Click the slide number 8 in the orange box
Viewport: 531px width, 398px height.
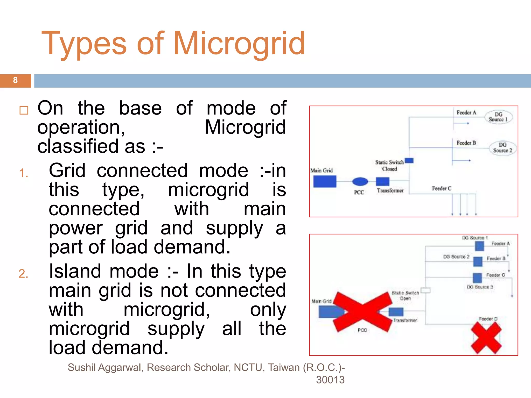tap(15, 80)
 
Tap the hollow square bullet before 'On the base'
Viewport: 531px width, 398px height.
tap(24, 110)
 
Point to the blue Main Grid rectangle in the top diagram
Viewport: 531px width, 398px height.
tap(325, 181)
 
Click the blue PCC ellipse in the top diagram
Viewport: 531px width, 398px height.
tap(360, 182)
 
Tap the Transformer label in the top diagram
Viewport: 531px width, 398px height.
tap(390, 191)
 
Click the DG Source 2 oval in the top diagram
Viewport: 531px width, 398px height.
tap(502, 148)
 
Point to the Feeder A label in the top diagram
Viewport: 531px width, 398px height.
tap(466, 113)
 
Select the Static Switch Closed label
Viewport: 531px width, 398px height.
tap(389, 166)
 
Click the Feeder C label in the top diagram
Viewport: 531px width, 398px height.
tap(442, 189)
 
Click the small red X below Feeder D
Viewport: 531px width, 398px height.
tap(486, 338)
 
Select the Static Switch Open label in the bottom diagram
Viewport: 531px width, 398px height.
tap(405, 296)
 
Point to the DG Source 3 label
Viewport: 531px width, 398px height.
tap(480, 287)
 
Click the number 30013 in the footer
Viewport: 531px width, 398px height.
tap(330, 380)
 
